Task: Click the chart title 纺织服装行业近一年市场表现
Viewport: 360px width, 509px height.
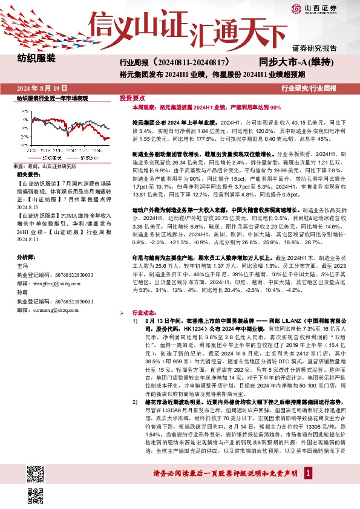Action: coord(52,97)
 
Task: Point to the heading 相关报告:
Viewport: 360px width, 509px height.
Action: coord(27,173)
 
